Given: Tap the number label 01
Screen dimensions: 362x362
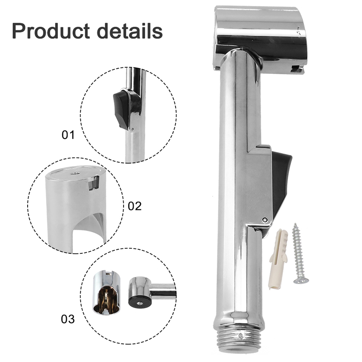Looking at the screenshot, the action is [68, 134].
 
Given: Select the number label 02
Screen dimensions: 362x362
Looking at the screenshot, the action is [134, 206].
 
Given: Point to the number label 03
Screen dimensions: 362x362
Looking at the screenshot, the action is [68, 319].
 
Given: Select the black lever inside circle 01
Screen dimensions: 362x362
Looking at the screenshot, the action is [121, 109].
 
